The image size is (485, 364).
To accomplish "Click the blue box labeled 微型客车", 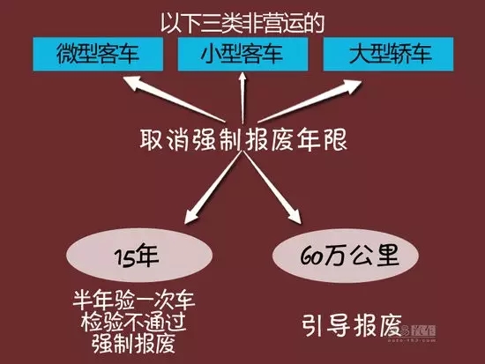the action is (98, 54).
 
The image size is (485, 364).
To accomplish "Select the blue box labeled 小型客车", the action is (242, 54).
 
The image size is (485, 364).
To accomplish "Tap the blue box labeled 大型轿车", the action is (388, 54).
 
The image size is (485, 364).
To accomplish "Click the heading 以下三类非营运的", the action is (242, 24).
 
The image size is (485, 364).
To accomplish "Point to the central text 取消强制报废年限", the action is (243, 140).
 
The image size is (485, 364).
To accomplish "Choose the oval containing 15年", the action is (139, 256).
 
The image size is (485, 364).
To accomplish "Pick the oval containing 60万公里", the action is (346, 256).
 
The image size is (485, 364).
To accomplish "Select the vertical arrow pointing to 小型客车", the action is (242, 98).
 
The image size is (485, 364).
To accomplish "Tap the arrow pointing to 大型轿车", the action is (310, 100).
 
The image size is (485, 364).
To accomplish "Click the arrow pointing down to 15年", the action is (213, 188).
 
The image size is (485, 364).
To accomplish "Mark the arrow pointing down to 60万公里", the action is (272, 188).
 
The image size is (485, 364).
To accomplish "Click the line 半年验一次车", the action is (134, 300).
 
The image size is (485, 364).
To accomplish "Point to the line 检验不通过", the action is (134, 322).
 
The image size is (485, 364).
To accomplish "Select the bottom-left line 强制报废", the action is (134, 343).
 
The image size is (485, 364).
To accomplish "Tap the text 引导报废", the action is (352, 326).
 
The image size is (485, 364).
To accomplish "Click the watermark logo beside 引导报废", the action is (419, 332).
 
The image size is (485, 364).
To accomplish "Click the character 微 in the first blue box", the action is (67, 54).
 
